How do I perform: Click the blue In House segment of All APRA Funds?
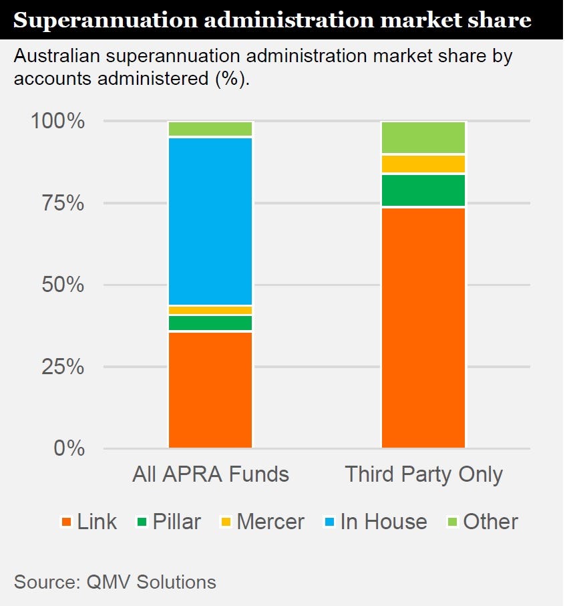point(210,221)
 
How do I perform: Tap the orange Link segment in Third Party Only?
point(423,327)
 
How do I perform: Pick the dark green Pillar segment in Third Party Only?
point(423,190)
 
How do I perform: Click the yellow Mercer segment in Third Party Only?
point(423,164)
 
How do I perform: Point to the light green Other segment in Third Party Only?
point(423,138)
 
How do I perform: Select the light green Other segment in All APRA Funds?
point(210,128)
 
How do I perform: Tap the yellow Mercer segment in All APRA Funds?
point(210,310)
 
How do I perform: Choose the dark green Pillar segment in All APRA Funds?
point(210,323)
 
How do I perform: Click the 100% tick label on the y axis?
point(57,122)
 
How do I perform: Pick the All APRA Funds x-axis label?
point(210,475)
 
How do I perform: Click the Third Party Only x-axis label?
point(423,475)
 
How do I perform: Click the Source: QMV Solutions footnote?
point(115,582)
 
